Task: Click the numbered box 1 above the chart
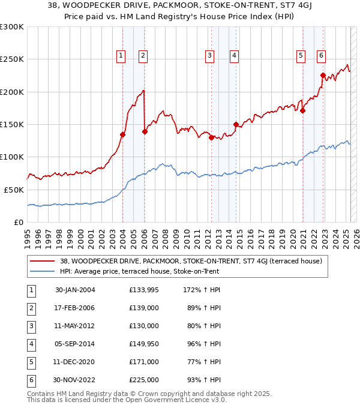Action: coord(121,56)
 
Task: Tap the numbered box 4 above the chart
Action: coord(234,56)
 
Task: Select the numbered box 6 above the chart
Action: coord(322,56)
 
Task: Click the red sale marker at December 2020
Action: coord(303,110)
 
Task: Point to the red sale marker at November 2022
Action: coord(323,76)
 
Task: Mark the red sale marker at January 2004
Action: coord(122,134)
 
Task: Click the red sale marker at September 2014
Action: coord(236,124)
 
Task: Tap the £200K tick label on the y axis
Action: coord(12,92)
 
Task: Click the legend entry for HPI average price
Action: coord(139,271)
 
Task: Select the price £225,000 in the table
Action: coord(144,380)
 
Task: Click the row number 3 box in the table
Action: coord(29,326)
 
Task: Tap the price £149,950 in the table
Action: coord(144,344)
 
